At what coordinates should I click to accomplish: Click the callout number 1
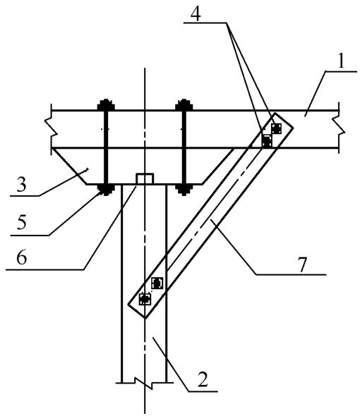point(341,61)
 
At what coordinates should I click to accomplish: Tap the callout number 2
point(203,379)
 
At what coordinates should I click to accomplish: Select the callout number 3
point(21,185)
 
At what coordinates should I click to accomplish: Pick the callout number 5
point(21,222)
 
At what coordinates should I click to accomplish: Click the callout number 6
point(21,257)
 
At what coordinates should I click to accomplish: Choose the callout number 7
point(302,264)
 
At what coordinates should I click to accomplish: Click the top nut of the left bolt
point(106,105)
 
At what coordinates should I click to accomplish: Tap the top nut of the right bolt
point(184,105)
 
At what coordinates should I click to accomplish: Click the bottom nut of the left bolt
point(106,190)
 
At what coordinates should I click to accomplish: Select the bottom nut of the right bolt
point(184,190)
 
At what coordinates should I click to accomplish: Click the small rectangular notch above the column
point(145,178)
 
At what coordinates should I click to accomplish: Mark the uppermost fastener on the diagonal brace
point(276,128)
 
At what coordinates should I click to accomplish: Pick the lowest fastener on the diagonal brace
point(145,299)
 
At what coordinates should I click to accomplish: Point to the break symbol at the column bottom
point(144,383)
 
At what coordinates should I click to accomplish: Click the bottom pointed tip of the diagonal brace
point(145,317)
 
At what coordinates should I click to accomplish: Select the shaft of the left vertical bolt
point(106,147)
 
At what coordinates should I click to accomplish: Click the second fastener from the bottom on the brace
point(157,283)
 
